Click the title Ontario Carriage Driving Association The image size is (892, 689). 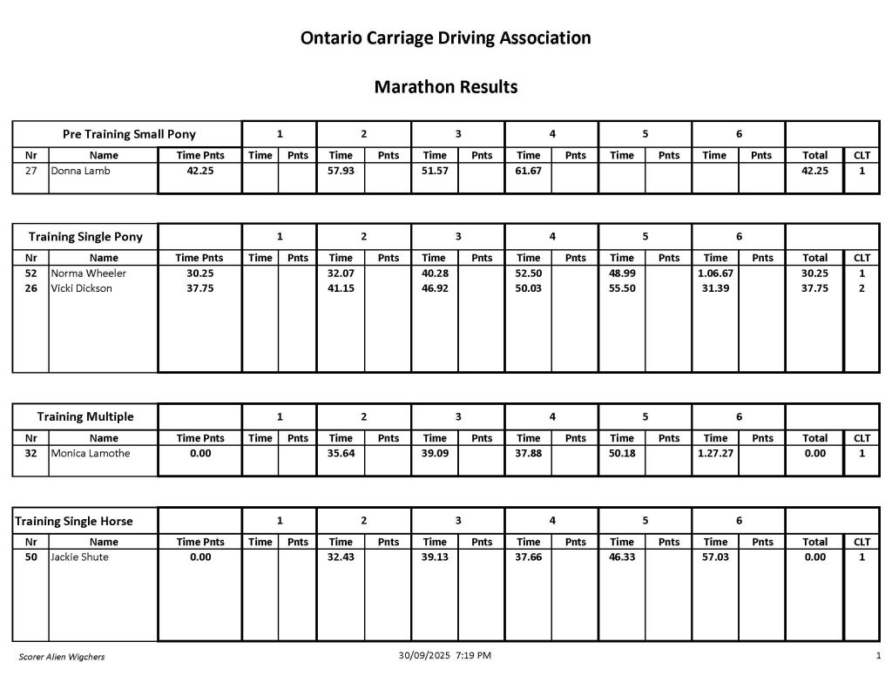[445, 38]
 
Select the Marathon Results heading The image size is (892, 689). [445, 87]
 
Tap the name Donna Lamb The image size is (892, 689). [81, 171]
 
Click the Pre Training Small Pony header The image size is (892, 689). [129, 134]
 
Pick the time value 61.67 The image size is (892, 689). [529, 171]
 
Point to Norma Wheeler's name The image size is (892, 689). [89, 274]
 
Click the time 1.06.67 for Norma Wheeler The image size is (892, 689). [715, 274]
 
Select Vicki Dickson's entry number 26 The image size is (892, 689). [30, 288]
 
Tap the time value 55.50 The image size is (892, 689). [622, 288]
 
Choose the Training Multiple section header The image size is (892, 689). [85, 416]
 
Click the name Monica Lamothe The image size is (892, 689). [91, 453]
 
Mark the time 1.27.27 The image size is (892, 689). [715, 453]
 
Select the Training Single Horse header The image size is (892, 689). [74, 521]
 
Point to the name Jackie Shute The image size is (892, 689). [80, 557]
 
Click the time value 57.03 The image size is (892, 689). [715, 557]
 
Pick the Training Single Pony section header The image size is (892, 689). [85, 237]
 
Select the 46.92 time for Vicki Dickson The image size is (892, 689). [435, 288]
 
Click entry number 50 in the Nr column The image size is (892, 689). [30, 557]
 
